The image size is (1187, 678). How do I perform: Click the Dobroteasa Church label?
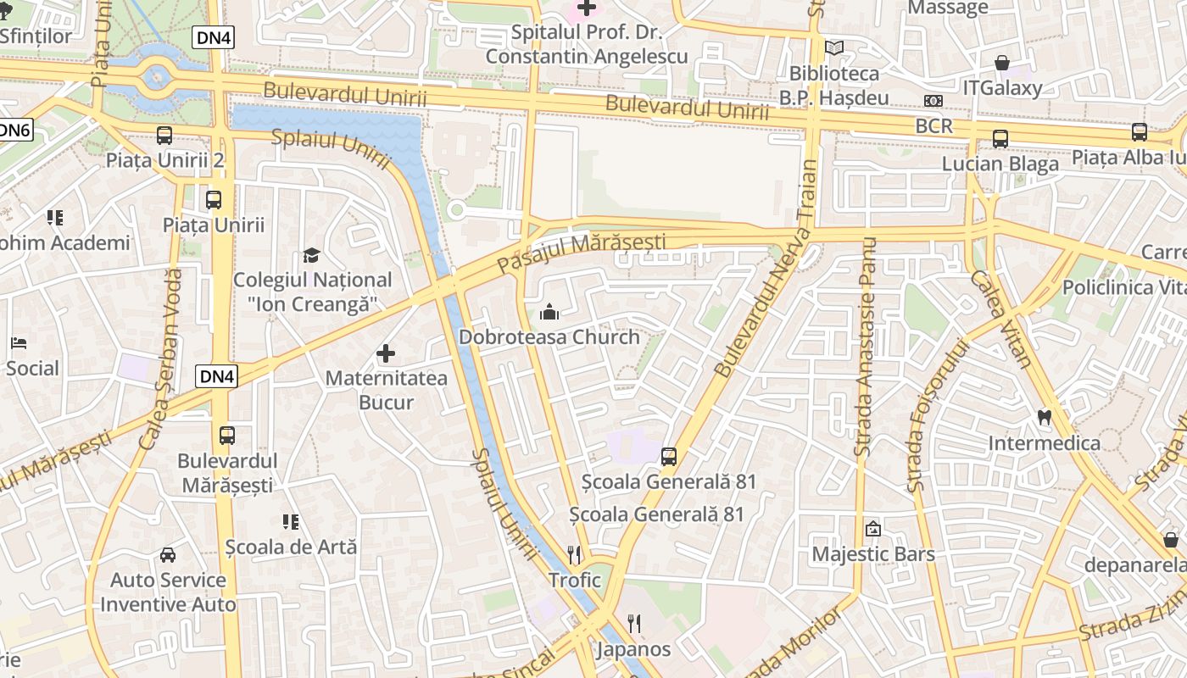(549, 337)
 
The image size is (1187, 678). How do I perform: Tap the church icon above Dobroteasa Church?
(549, 313)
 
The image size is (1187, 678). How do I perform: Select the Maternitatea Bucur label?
(387, 390)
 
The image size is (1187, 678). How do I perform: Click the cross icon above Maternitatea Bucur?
(386, 353)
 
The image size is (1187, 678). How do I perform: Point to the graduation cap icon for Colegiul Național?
(312, 255)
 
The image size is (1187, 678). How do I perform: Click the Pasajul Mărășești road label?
(581, 253)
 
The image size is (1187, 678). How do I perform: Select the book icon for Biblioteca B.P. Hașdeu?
(834, 48)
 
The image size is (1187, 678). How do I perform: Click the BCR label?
(934, 126)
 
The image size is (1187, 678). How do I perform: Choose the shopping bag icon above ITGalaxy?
(1002, 63)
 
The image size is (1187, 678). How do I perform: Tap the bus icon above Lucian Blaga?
(1000, 139)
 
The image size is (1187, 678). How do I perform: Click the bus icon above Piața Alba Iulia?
(1140, 132)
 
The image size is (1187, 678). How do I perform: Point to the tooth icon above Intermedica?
(1045, 417)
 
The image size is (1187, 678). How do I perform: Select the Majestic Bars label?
(873, 554)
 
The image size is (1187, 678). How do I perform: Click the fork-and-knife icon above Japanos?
(633, 625)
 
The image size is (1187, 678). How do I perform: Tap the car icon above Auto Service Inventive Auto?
(168, 555)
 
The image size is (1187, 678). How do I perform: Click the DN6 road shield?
(14, 130)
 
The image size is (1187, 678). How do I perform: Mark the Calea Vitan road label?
(1002, 319)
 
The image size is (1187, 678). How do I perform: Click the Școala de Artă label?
(291, 547)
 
